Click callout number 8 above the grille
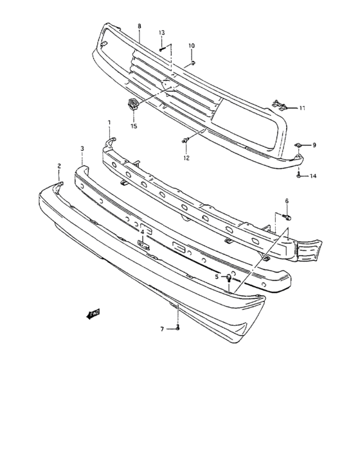139,26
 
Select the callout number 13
162,32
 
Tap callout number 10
191,46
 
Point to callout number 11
302,107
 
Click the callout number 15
134,126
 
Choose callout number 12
186,157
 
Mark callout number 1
109,122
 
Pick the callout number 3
82,148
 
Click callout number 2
59,166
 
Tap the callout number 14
314,175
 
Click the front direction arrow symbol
94,314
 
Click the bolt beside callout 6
287,217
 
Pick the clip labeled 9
300,146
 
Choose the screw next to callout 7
177,328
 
